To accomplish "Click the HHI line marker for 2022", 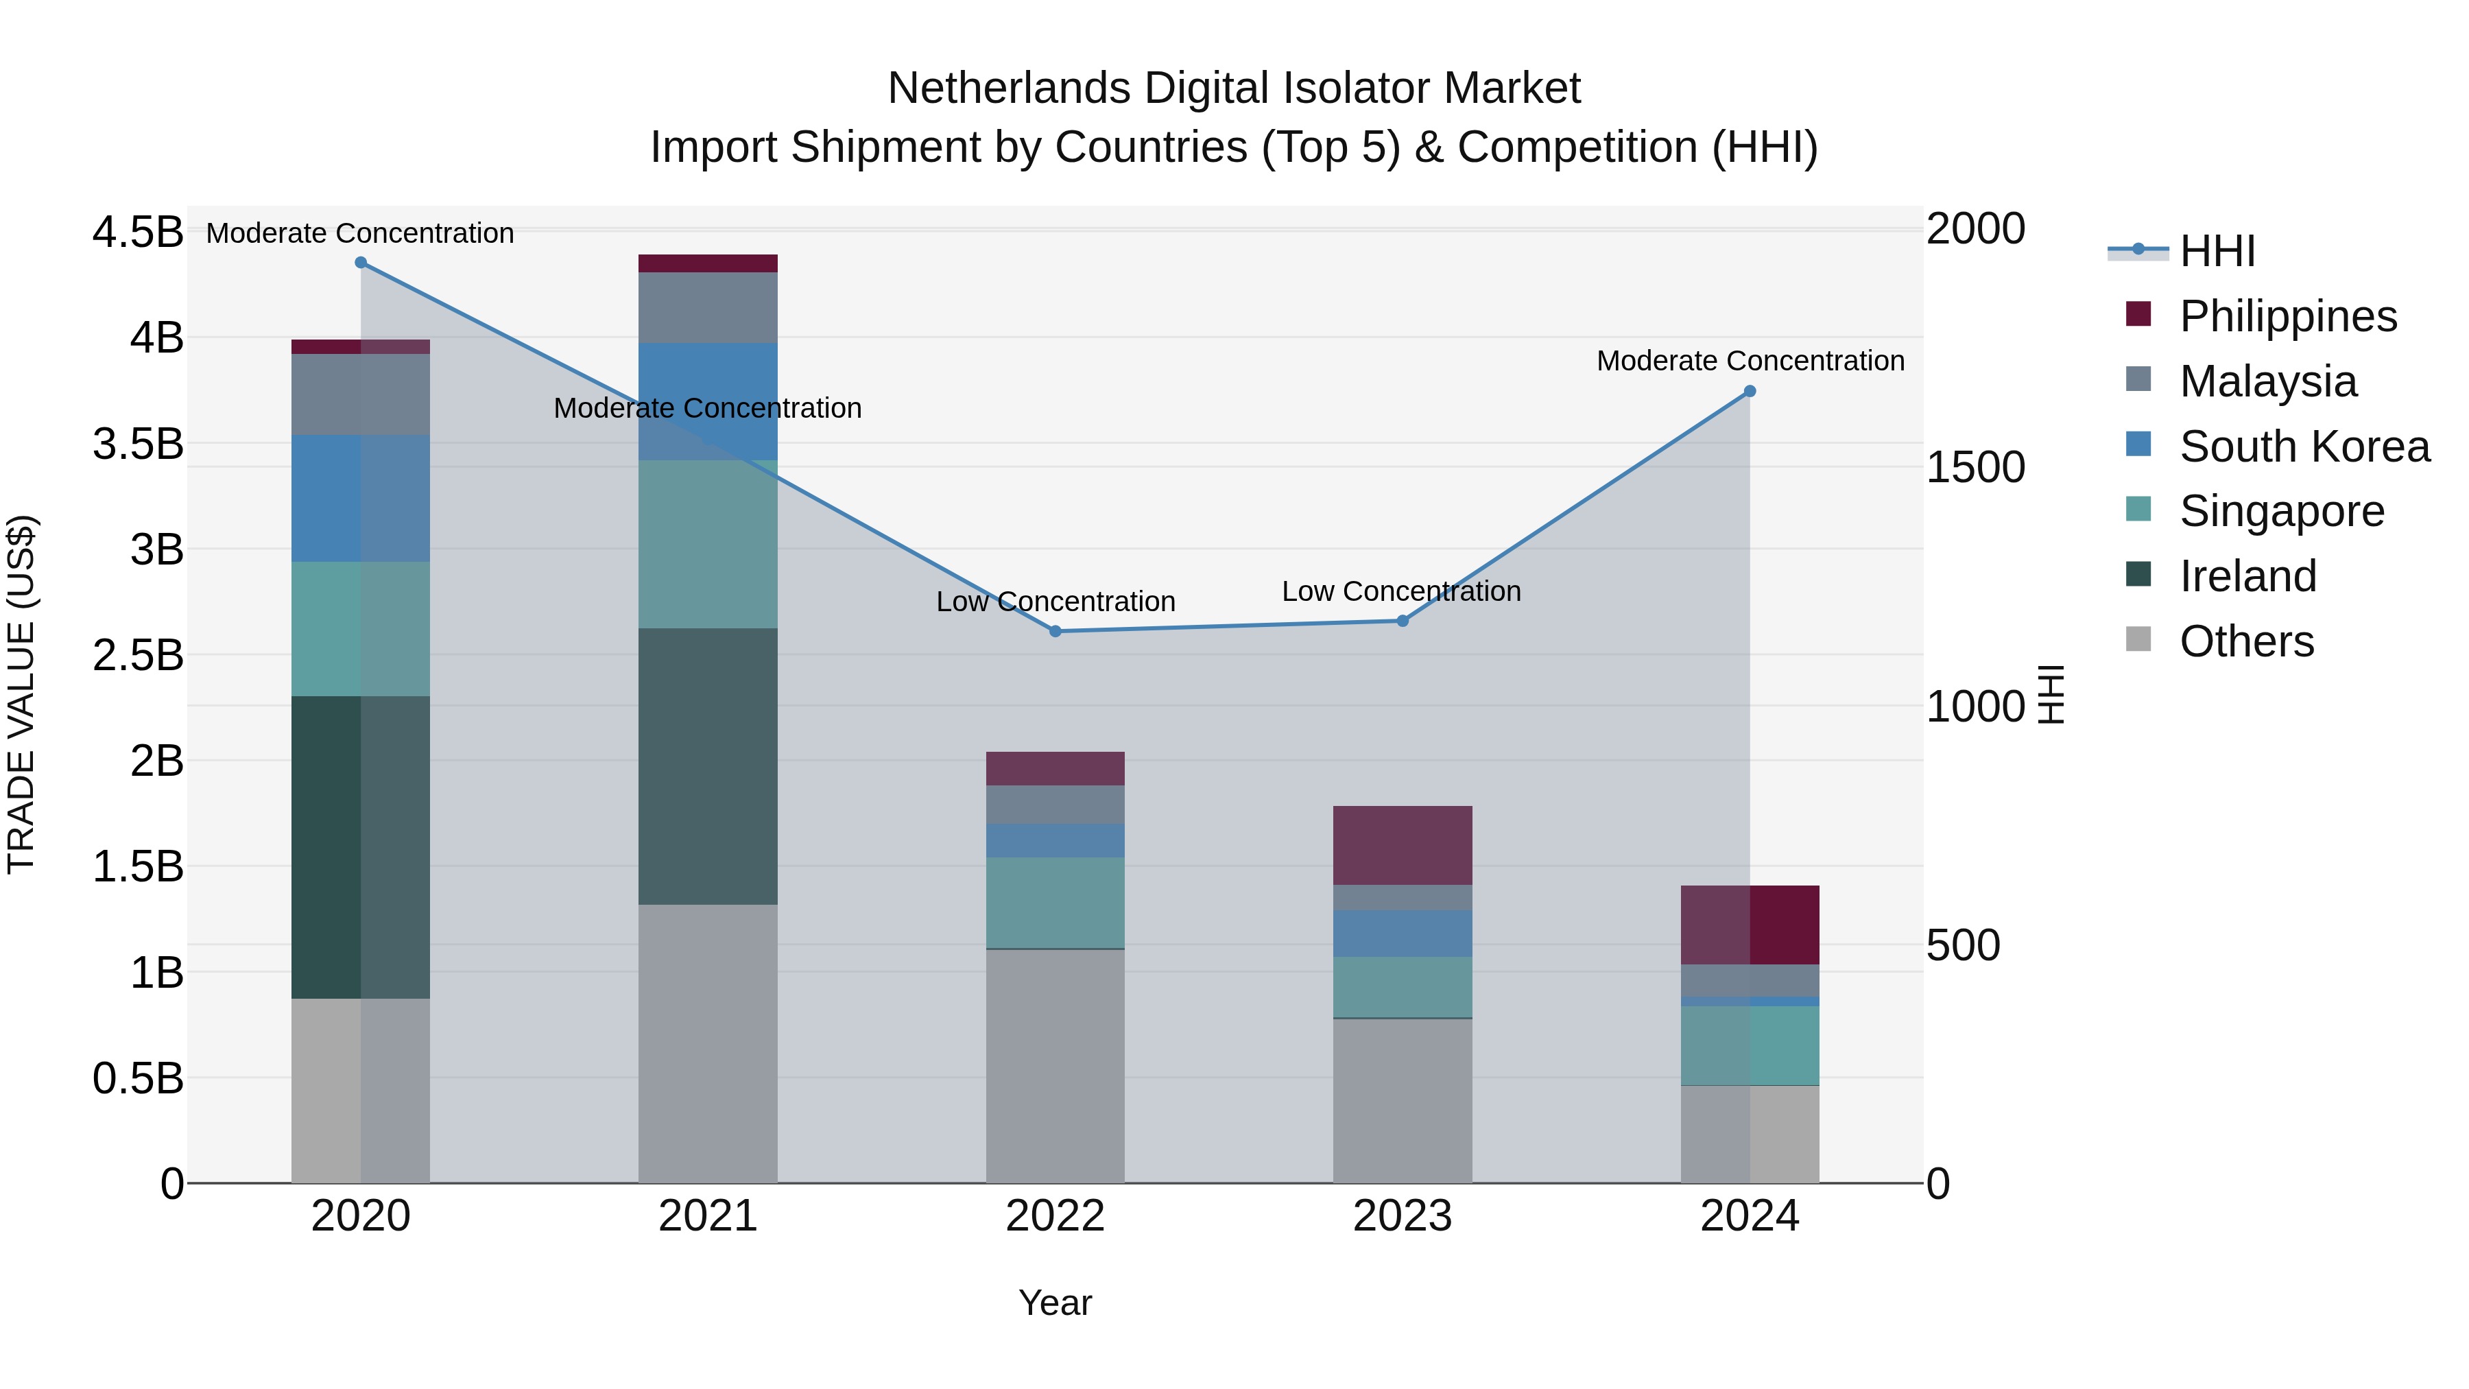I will click(1055, 631).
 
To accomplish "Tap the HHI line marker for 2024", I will click(1749, 391).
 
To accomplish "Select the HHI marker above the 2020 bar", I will click(360, 263).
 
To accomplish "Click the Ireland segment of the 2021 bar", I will click(707, 766).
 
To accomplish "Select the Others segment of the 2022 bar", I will click(1055, 1065).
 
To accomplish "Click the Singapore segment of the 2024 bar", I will click(1749, 1045).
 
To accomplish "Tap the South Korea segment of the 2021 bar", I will click(707, 401).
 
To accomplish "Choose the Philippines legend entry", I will click(2288, 316).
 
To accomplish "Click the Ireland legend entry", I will click(2247, 576).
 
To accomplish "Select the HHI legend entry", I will click(2217, 251).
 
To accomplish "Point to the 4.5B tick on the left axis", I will click(137, 232).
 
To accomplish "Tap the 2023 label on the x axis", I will click(1403, 1216).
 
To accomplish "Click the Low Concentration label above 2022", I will click(1055, 602).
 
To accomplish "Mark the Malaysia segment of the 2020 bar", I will click(360, 394).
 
